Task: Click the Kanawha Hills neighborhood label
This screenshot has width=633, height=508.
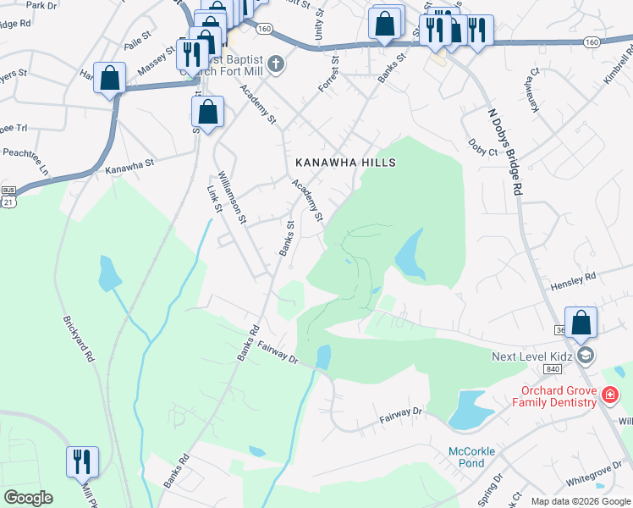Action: click(x=345, y=162)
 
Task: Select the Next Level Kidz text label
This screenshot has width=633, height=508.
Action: click(x=533, y=356)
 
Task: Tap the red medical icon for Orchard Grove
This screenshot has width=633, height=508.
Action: click(x=608, y=395)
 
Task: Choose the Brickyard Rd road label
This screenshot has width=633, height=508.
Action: click(x=78, y=340)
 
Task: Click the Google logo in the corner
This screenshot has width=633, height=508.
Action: click(x=28, y=498)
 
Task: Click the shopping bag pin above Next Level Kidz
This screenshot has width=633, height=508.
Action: click(x=581, y=323)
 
